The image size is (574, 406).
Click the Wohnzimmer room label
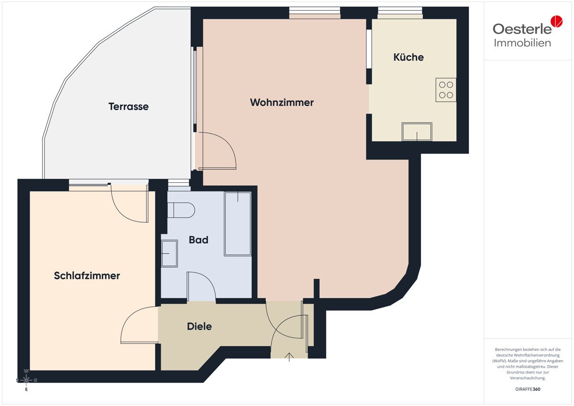pos(282,102)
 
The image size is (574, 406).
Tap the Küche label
pos(408,57)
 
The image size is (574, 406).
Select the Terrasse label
pos(128,106)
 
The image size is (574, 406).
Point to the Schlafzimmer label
pos(87,276)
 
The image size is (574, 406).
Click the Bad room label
pos(199,240)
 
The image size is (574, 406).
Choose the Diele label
pos(199,326)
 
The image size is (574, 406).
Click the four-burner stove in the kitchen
pos(446,90)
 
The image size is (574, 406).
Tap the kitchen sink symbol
pos(417,132)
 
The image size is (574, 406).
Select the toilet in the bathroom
pos(181,210)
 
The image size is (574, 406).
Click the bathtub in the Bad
pos(238,224)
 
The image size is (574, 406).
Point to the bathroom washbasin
pos(169,253)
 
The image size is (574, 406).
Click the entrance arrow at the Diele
pos(289,357)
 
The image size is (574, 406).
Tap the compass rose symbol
pos(26,380)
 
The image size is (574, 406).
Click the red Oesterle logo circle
pos(557,21)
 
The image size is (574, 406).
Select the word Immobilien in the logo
pos(522,43)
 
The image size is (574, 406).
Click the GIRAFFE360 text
pos(528,389)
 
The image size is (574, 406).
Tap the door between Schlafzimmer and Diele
pos(139,325)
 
